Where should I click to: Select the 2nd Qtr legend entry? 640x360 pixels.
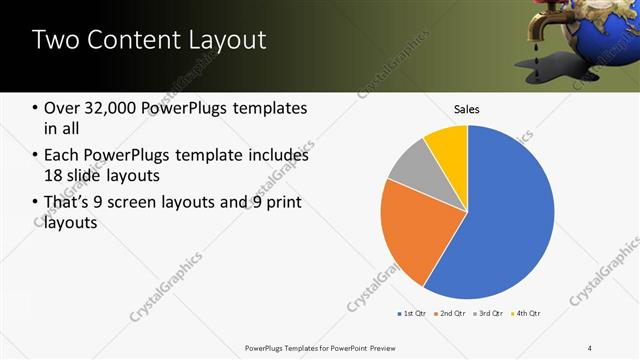click(450, 314)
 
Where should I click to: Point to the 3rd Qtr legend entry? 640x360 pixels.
click(488, 314)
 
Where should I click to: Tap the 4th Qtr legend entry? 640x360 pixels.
click(526, 314)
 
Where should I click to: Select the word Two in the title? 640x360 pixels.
click(53, 40)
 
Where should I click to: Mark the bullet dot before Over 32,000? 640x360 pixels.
click(35, 109)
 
